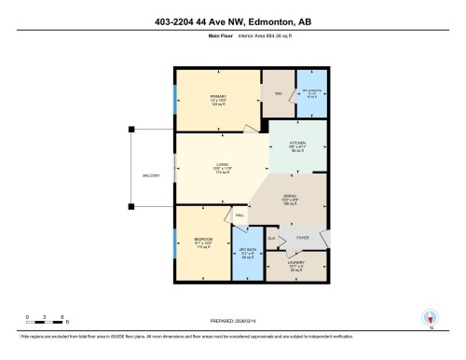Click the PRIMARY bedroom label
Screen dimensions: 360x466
point(219,96)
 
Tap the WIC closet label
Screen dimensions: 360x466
point(277,92)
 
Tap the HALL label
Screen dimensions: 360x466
point(240,215)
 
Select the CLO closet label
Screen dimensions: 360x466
point(271,239)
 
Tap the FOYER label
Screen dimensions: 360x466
point(302,239)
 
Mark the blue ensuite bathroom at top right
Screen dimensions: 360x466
point(310,92)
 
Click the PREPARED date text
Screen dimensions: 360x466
point(233,315)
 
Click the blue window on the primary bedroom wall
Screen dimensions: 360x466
point(175,97)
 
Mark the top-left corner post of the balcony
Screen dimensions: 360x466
point(132,130)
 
